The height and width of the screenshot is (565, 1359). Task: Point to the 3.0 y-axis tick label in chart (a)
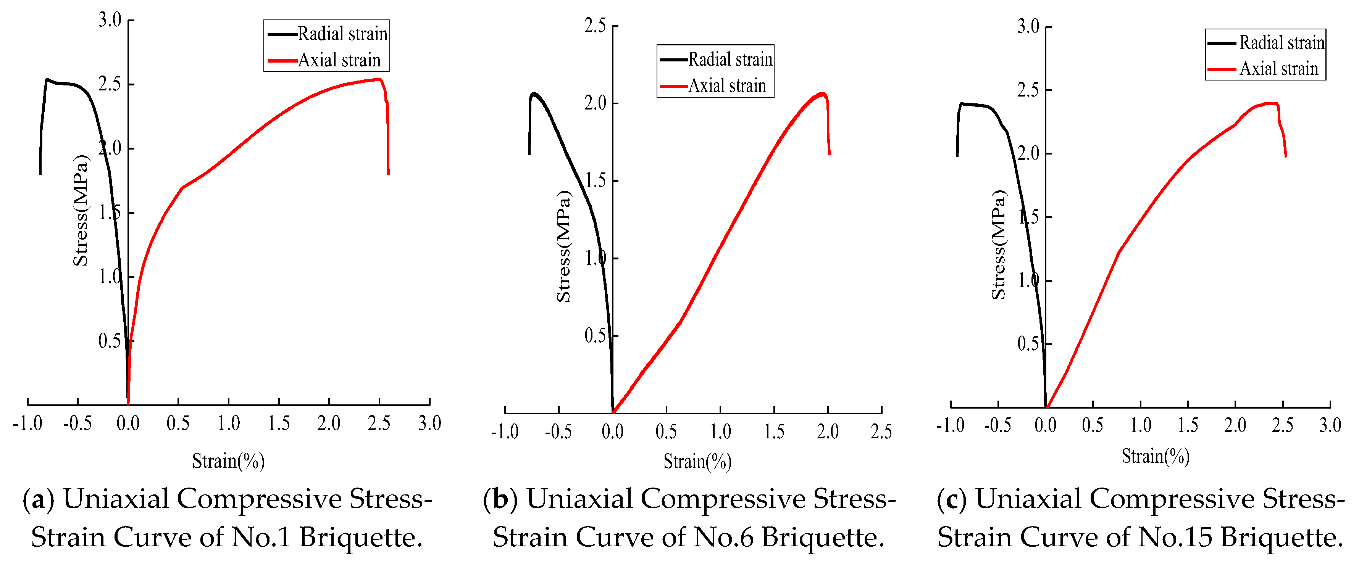[x=110, y=20]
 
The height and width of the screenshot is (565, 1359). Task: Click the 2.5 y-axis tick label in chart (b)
[x=595, y=25]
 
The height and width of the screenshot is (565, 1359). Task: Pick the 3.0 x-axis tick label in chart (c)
[x=1330, y=425]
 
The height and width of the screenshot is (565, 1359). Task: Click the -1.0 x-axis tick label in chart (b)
[x=504, y=431]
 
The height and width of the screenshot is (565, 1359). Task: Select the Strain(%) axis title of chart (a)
[x=228, y=461]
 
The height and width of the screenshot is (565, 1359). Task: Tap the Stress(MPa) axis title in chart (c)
[x=999, y=245]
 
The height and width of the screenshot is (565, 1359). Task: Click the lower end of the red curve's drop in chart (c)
[x=1286, y=156]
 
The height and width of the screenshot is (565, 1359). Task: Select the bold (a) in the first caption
[x=39, y=499]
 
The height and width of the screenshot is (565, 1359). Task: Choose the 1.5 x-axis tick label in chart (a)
[x=279, y=423]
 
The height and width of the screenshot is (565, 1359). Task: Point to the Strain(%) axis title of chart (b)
[x=697, y=462]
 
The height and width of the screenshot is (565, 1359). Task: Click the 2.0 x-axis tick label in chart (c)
[x=1235, y=425]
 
